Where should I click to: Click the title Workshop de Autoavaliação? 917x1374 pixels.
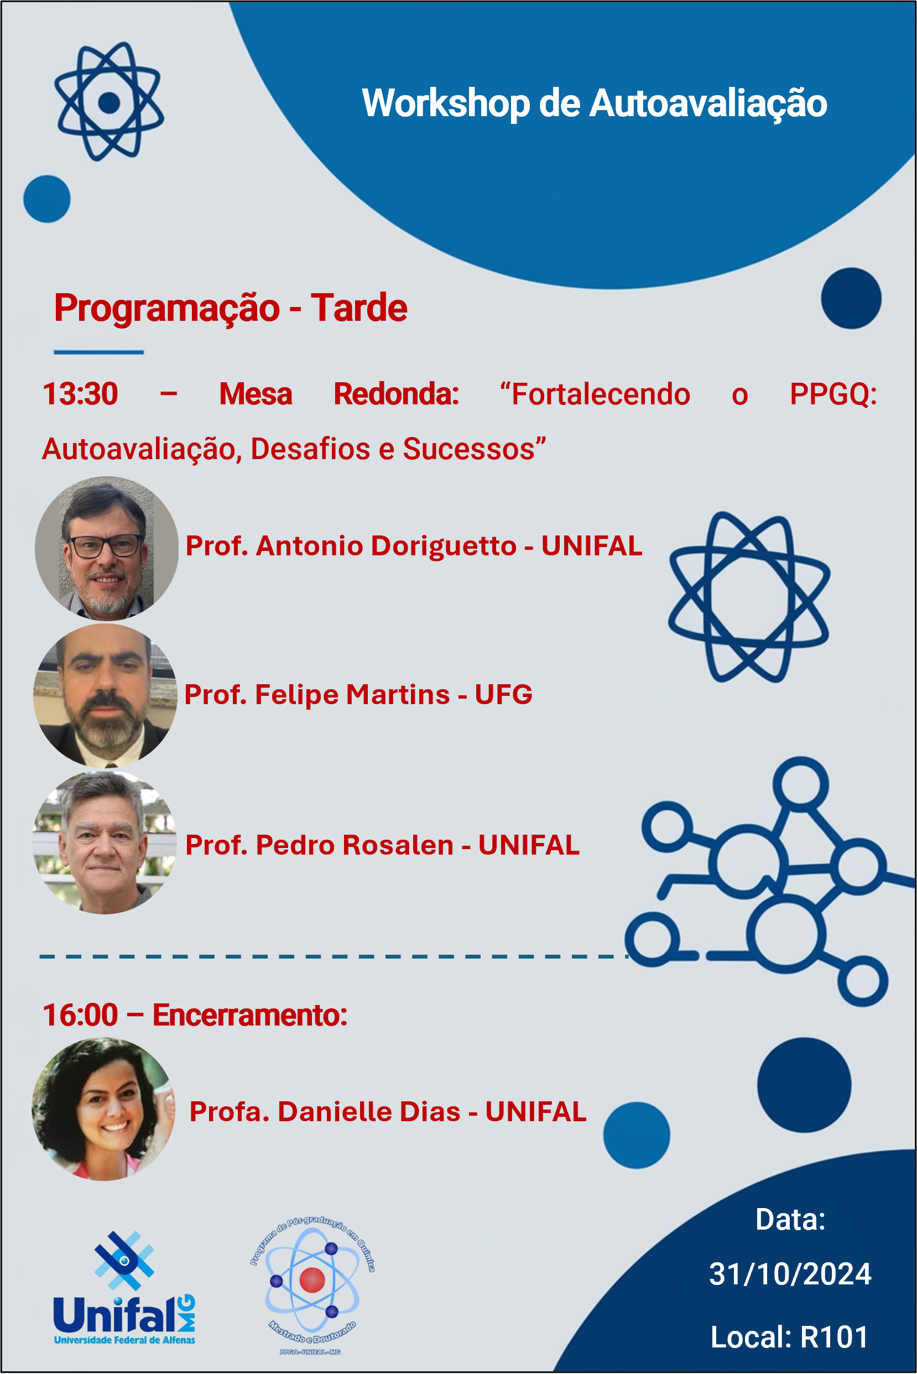(594, 103)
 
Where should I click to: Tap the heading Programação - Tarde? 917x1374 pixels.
(231, 308)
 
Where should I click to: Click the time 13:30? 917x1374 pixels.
(80, 394)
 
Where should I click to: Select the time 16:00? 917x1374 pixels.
(80, 1015)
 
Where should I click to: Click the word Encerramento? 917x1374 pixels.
(250, 1015)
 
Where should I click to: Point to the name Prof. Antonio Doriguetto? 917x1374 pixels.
(351, 547)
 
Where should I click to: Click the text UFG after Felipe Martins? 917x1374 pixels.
(503, 694)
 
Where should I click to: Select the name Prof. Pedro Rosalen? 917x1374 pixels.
(319, 845)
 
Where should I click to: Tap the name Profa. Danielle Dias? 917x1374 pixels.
(325, 1111)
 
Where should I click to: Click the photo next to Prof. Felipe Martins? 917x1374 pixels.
(105, 695)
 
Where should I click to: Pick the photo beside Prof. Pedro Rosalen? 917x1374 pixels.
(105, 843)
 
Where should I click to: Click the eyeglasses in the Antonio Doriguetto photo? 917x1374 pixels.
(106, 547)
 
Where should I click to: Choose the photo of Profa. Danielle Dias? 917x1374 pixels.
(103, 1109)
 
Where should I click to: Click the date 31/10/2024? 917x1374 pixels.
(790, 1274)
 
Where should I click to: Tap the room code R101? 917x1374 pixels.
(834, 1337)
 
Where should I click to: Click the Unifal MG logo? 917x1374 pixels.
(124, 1287)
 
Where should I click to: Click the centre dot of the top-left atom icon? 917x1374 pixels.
(110, 102)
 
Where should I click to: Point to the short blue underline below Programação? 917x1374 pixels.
(99, 352)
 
